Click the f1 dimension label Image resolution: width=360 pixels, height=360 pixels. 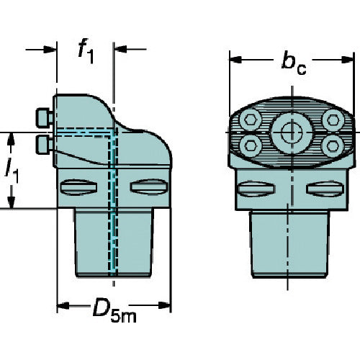point(86,51)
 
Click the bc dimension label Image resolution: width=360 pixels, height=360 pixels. point(294,63)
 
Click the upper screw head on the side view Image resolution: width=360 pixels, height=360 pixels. point(45,117)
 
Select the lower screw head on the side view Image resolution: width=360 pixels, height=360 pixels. point(45,145)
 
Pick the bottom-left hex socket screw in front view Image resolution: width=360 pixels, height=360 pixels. point(250,145)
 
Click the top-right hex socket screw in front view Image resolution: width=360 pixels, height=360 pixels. point(333,120)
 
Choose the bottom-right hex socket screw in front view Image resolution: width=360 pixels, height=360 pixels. point(332,146)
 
